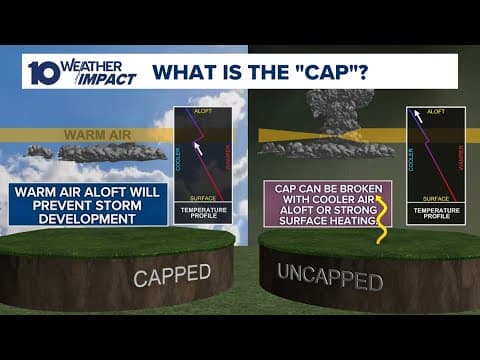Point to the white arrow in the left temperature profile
click(198, 149)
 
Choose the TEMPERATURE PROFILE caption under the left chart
click(202, 214)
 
